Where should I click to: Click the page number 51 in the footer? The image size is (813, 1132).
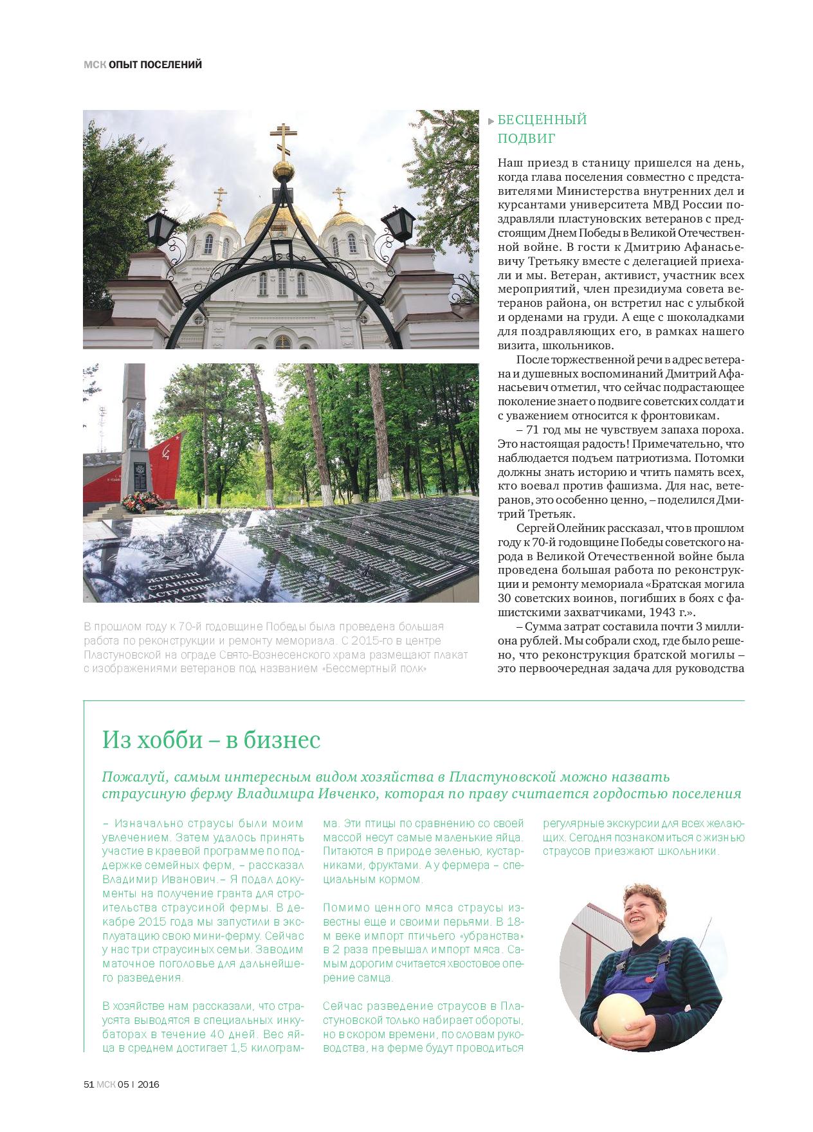point(89,1084)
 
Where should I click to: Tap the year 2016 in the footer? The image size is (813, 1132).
point(149,1084)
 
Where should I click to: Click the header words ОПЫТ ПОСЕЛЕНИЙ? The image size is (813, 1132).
point(155,64)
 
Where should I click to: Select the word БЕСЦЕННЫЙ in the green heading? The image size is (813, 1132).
point(542,120)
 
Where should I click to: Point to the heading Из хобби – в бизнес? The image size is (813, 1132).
point(211,740)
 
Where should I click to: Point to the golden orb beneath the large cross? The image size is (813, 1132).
point(284,171)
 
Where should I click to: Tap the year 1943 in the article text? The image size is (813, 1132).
point(664,612)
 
